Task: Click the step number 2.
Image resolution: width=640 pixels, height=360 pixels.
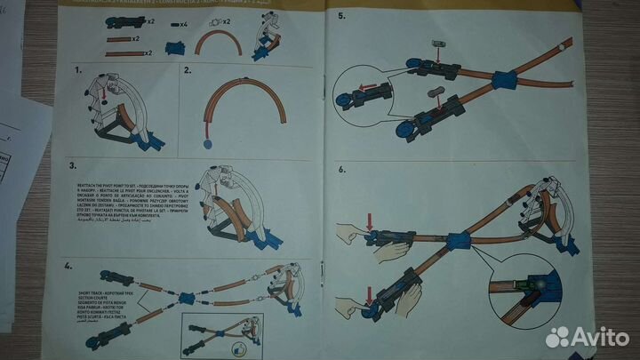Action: tap(188, 69)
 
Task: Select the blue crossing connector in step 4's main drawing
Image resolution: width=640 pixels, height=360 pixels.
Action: tap(187, 298)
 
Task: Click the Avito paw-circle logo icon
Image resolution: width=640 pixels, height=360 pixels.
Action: tap(558, 337)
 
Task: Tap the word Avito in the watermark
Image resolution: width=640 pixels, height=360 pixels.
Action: tap(600, 337)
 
